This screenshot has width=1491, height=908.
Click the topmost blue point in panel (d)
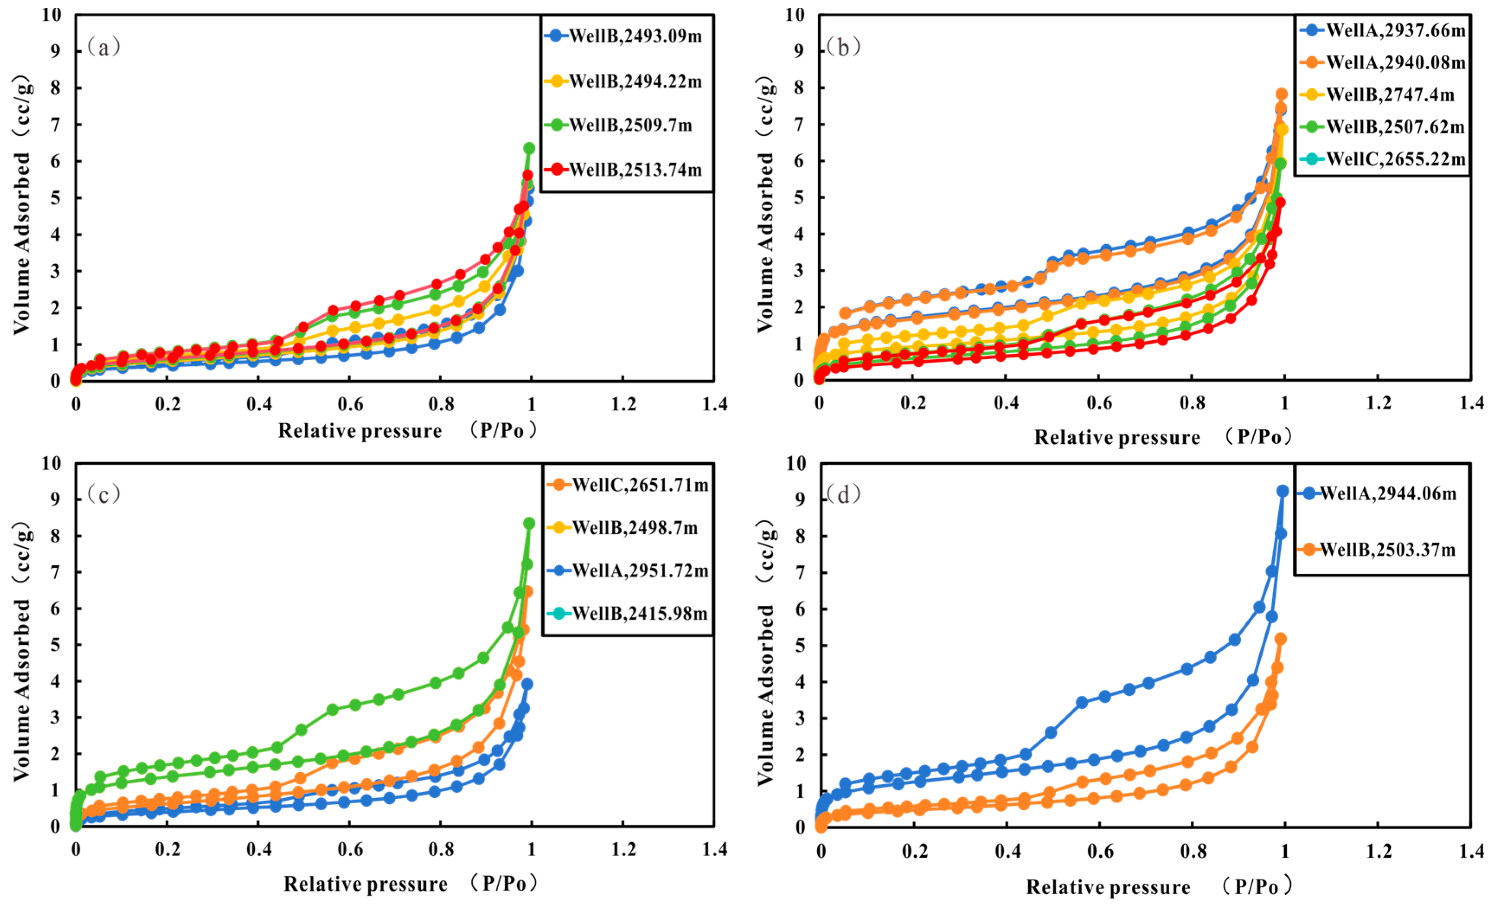(1282, 491)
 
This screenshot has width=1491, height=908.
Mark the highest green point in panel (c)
(529, 523)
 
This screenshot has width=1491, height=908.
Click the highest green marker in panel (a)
(529, 148)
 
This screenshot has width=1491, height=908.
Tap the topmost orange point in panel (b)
(1282, 94)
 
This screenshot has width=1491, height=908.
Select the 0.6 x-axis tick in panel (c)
(350, 849)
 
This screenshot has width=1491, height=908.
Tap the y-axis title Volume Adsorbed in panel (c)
(22, 690)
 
